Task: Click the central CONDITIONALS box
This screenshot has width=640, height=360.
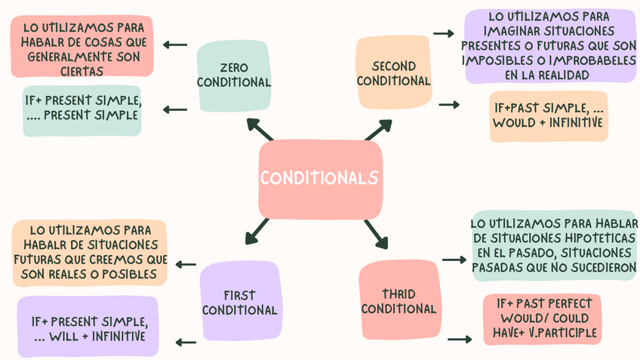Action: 320,179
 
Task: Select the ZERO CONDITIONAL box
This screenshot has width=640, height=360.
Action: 235,74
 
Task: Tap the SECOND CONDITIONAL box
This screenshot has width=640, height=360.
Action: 394,73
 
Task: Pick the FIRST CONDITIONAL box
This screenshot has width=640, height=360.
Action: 239,302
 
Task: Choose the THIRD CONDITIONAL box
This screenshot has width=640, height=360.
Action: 398,300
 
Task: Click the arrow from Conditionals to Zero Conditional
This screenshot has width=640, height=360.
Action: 260,130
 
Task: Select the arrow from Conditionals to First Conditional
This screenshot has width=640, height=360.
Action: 257,231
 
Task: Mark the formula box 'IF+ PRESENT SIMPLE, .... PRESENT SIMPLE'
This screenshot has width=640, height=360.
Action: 82,109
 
